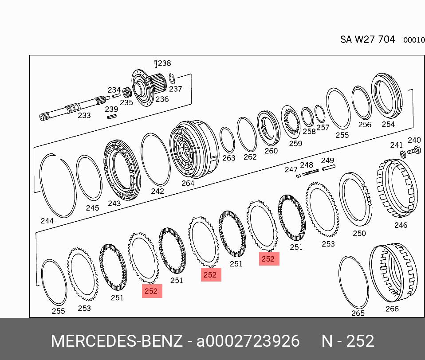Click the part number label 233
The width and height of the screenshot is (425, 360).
click(84, 115)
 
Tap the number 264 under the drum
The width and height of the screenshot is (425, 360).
click(188, 183)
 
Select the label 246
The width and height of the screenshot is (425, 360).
click(401, 225)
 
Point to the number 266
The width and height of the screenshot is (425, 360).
click(392, 309)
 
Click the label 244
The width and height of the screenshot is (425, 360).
click(47, 221)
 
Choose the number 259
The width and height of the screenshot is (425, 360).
click(295, 143)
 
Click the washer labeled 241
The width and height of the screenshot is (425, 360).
click(402, 154)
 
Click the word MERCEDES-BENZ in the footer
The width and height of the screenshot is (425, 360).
click(117, 341)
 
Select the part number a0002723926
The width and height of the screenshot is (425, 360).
click(248, 341)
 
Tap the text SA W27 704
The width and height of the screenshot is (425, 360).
click(367, 39)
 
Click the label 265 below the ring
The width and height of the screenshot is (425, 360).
click(358, 313)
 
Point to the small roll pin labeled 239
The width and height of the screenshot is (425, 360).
click(112, 117)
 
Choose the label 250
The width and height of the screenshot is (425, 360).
click(359, 233)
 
